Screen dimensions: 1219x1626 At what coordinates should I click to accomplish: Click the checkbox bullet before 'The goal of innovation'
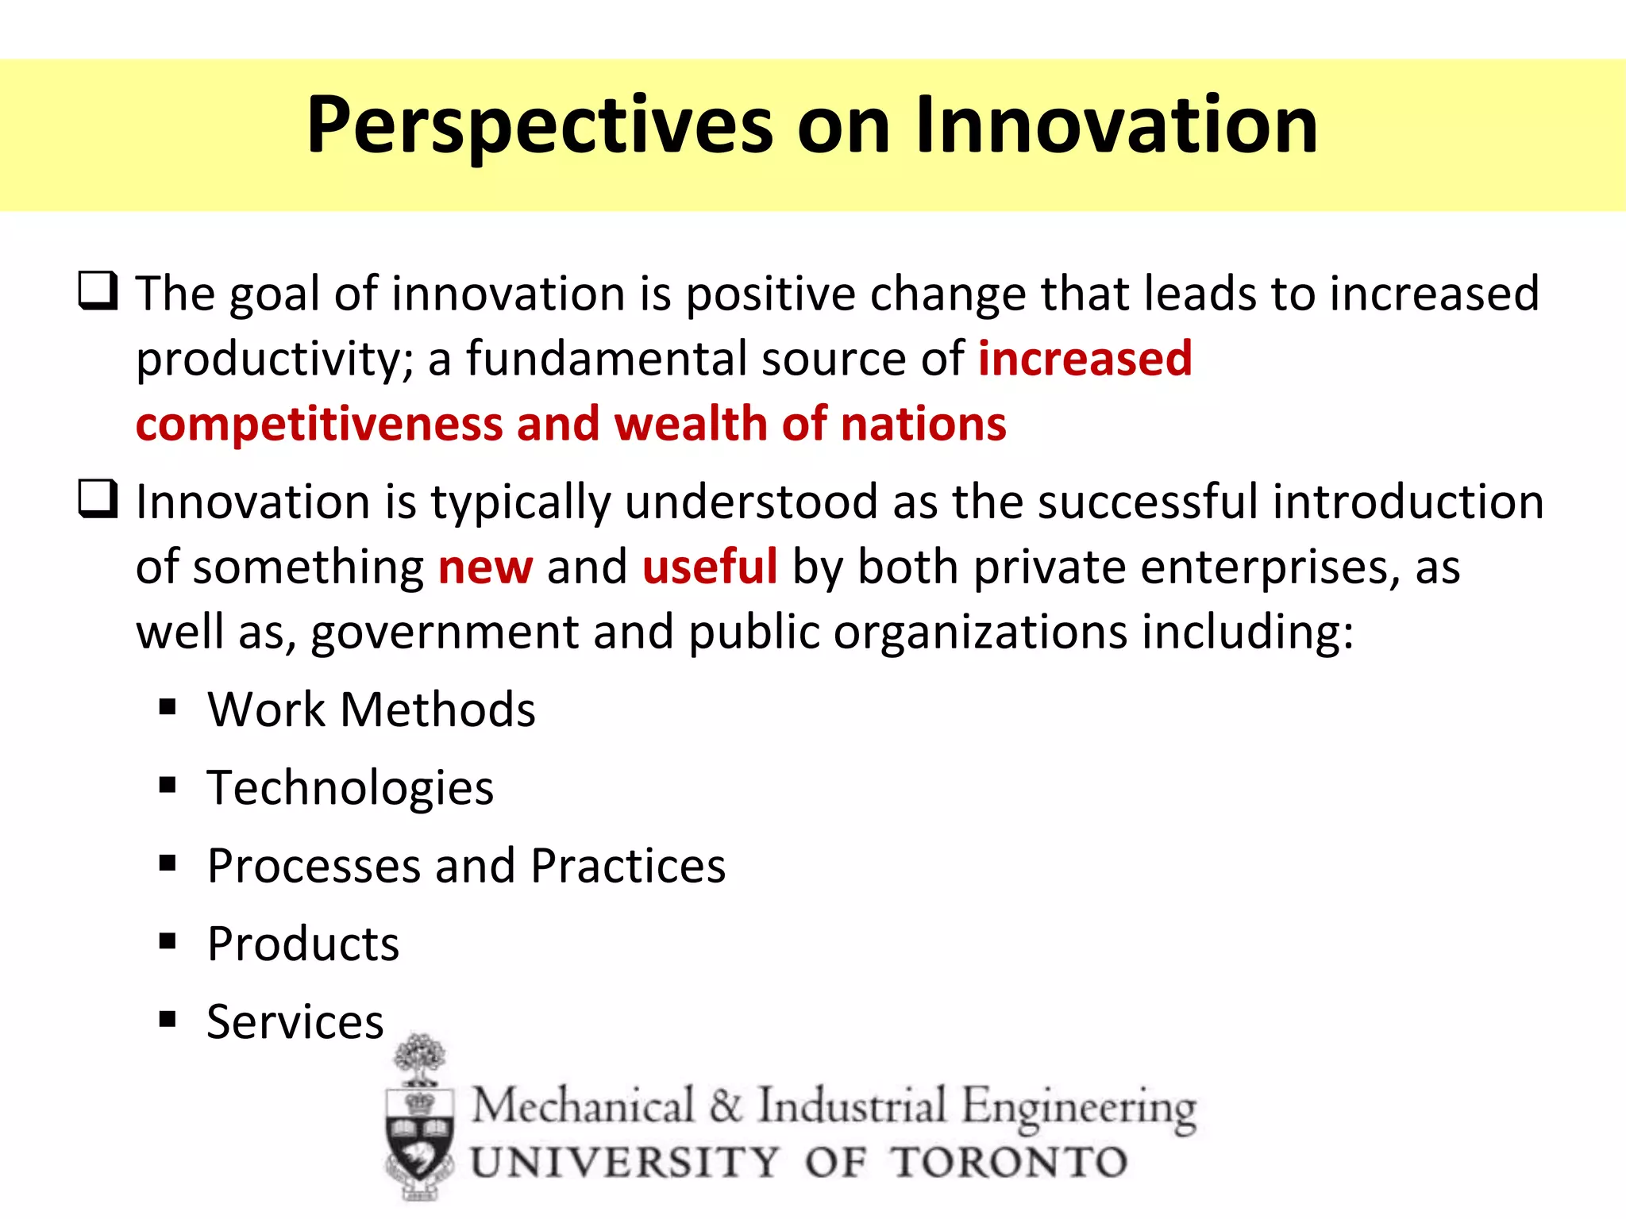[x=98, y=290]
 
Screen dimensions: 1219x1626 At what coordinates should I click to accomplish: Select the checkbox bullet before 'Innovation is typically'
[x=98, y=499]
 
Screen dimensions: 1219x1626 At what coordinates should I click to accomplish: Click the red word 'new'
[x=485, y=567]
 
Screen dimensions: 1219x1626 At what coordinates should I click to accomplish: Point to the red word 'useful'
[x=710, y=567]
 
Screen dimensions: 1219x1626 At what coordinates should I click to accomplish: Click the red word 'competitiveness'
[x=319, y=425]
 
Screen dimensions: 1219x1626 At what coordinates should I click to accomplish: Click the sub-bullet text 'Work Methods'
[x=371, y=709]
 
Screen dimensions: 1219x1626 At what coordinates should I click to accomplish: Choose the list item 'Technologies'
[x=350, y=788]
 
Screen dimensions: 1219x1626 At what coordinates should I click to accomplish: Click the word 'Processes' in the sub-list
[x=314, y=866]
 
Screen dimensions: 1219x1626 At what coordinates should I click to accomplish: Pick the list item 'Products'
[x=302, y=944]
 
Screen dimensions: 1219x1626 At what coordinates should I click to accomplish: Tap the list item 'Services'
[x=295, y=1022]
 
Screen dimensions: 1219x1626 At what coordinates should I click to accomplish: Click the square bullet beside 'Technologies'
[x=167, y=785]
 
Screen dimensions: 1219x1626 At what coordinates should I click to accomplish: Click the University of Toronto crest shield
[x=420, y=1143]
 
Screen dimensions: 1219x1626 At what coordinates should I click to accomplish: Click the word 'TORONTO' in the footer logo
[x=1008, y=1163]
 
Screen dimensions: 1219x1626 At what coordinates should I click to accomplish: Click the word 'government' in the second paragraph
[x=444, y=633]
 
